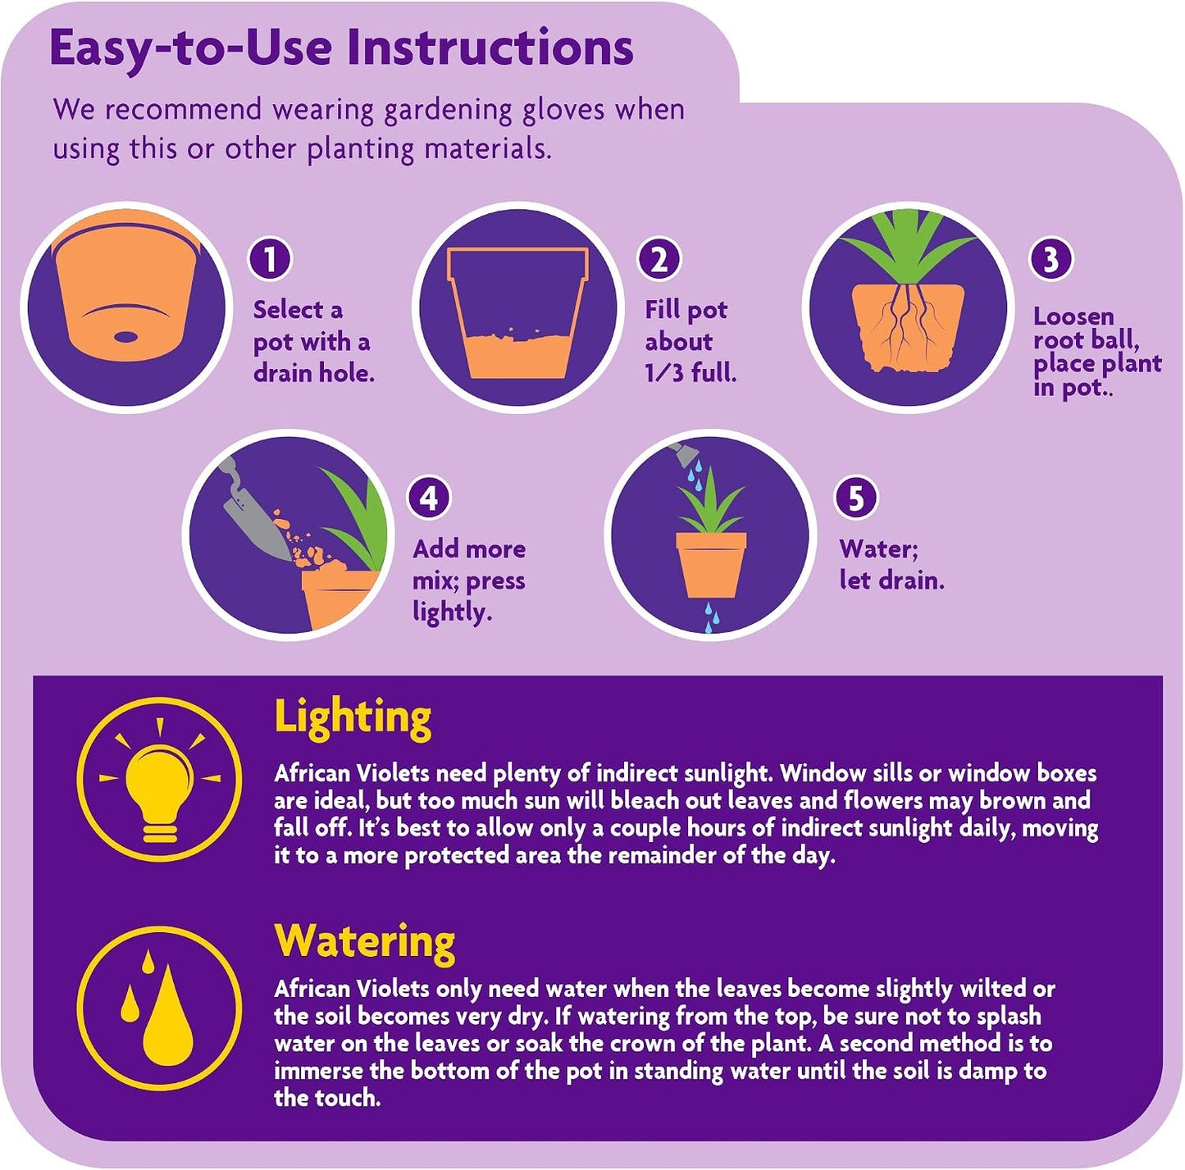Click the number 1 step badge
click(269, 259)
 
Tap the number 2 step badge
click(659, 259)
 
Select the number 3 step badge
click(1051, 259)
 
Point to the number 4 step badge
click(429, 498)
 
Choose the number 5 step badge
click(856, 498)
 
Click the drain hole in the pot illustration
click(125, 337)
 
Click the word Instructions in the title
click(490, 48)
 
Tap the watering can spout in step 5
click(685, 453)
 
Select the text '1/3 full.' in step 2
click(690, 372)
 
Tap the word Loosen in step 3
click(1073, 316)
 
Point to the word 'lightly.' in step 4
click(452, 612)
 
